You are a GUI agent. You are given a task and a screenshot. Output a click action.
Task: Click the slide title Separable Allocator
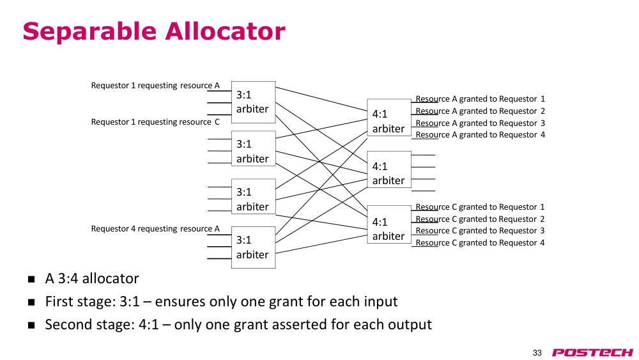154,31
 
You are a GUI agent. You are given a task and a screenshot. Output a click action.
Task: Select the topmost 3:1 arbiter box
254,102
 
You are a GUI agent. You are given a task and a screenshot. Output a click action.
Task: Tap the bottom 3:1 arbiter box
254,247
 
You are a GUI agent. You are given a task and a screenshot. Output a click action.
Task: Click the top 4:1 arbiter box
389,118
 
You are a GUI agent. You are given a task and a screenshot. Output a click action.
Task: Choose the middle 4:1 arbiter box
389,169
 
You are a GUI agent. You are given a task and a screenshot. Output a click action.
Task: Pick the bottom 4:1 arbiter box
389,224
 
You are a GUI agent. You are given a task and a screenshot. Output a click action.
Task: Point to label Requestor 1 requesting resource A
155,86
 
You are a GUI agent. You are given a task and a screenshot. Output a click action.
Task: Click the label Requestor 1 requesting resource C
155,122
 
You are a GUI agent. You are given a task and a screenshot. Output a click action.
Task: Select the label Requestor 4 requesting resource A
155,229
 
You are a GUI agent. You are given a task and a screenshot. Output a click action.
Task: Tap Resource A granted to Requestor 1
480,99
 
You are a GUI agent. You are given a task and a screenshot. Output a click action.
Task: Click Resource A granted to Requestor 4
480,135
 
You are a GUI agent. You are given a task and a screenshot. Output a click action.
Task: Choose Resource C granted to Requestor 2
480,219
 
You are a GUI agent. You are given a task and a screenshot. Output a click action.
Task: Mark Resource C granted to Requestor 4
480,243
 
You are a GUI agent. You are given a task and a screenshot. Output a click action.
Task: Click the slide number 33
537,353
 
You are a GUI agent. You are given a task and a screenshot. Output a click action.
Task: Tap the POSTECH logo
592,352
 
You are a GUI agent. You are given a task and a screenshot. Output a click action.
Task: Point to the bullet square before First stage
31,302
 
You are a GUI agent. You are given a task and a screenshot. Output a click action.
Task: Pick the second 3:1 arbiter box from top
254,148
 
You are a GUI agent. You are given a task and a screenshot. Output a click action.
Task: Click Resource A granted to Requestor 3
480,123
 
